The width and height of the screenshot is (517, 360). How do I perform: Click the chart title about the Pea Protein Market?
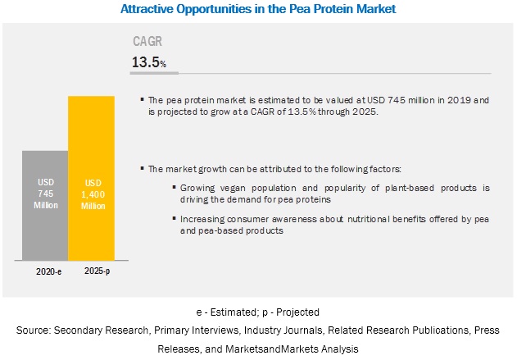pos(258,9)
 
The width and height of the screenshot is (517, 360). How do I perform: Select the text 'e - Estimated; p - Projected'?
pos(258,312)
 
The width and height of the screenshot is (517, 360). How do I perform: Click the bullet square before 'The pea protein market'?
pos(142,99)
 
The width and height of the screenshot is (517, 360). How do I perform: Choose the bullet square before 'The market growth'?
pos(142,168)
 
